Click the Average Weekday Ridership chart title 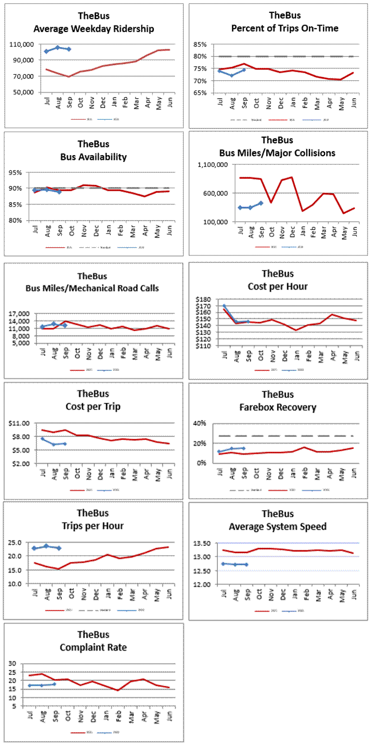coord(93,28)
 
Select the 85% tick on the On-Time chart coord(199,44)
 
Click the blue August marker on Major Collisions coord(250,208)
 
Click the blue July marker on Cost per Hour coord(224,306)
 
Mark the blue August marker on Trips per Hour coord(46,546)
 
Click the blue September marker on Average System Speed coord(247,564)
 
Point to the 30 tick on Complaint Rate coord(12,664)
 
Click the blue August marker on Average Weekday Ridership coord(57,48)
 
